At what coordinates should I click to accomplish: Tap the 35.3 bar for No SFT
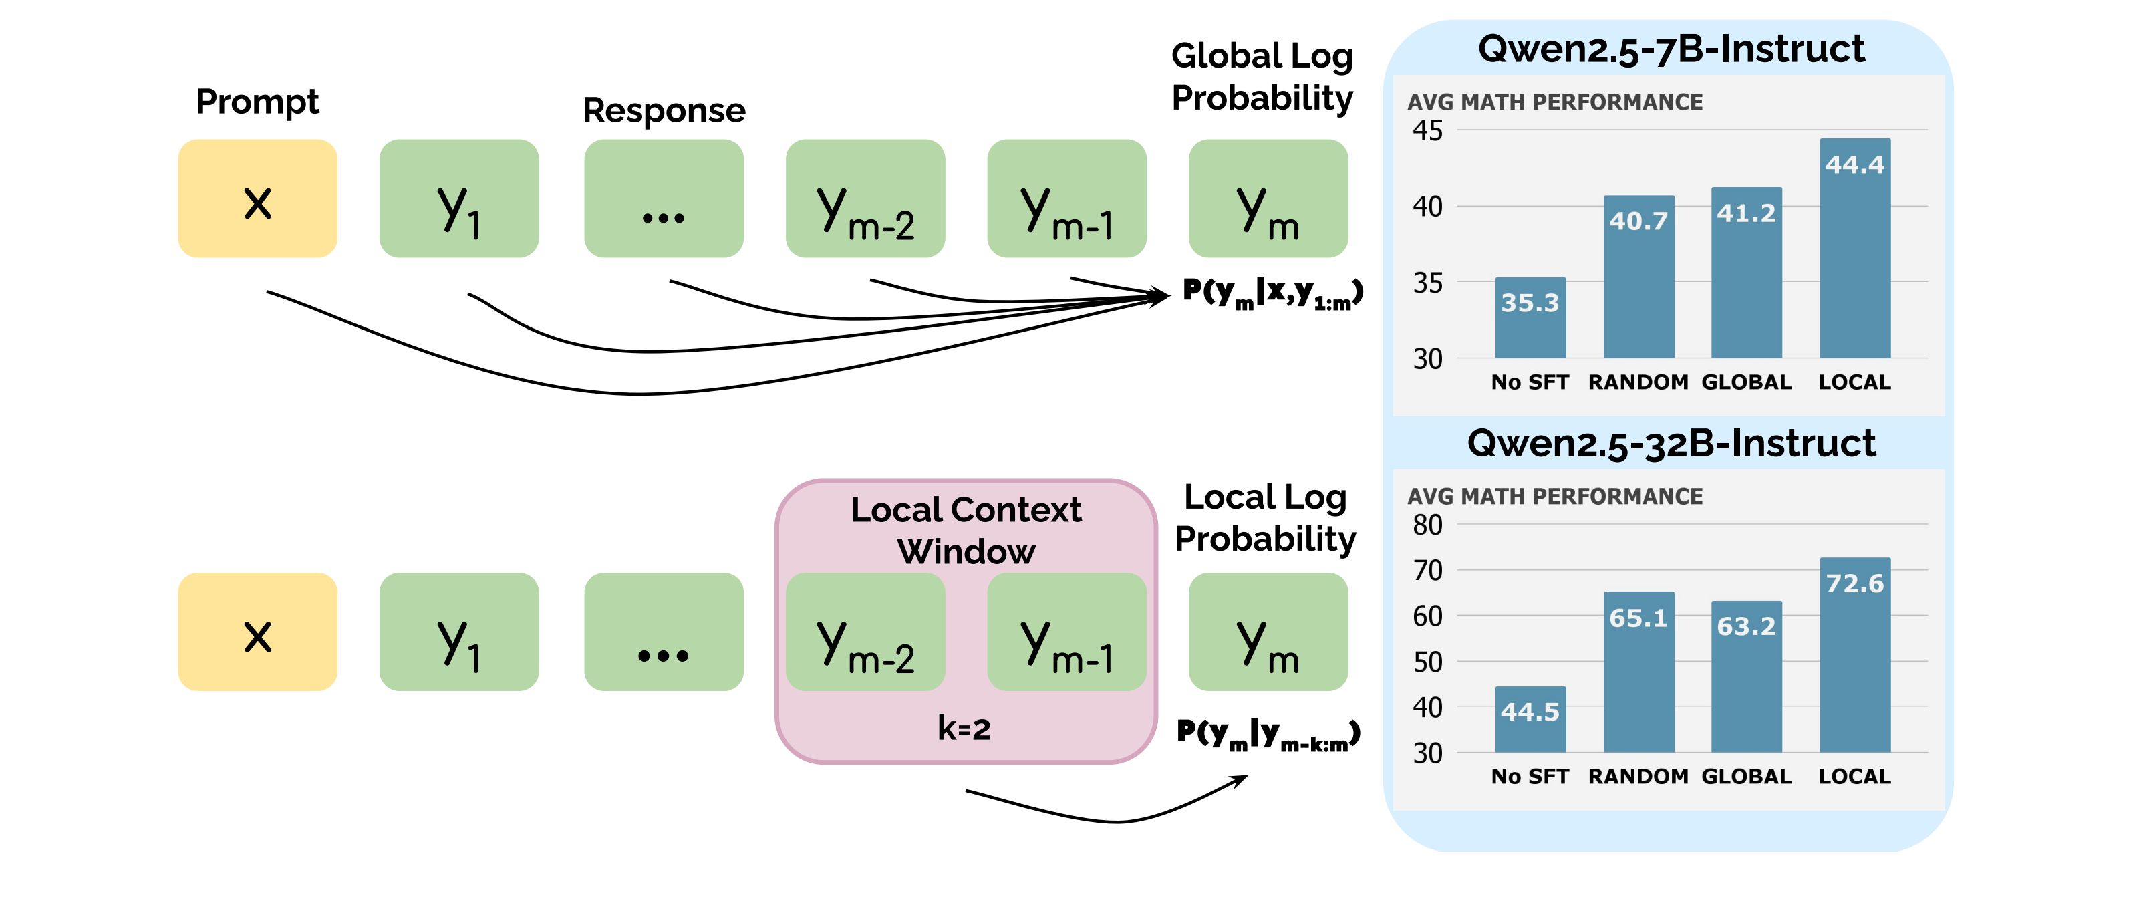pyautogui.click(x=1530, y=317)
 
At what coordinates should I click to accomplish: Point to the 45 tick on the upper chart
pyautogui.click(x=1428, y=130)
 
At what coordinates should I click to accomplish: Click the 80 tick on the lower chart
pyautogui.click(x=1428, y=525)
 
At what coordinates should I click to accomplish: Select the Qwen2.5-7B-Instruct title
pyautogui.click(x=1671, y=49)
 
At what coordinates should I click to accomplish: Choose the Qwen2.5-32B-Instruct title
pyautogui.click(x=1671, y=443)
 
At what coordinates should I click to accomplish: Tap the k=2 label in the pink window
pyautogui.click(x=964, y=729)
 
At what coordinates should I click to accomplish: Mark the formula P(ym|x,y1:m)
pyautogui.click(x=1272, y=293)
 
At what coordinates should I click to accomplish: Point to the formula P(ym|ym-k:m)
pyautogui.click(x=1268, y=734)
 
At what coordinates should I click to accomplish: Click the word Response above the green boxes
pyautogui.click(x=664, y=110)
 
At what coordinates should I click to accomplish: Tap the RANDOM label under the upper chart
pyautogui.click(x=1638, y=382)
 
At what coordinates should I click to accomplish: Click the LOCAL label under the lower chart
pyautogui.click(x=1854, y=777)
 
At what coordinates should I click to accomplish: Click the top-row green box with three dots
pyautogui.click(x=664, y=199)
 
